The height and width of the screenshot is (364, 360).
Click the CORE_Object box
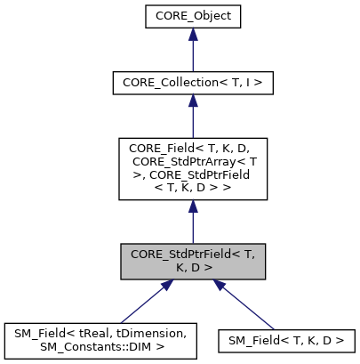tap(192, 17)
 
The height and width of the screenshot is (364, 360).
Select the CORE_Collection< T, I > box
tap(192, 83)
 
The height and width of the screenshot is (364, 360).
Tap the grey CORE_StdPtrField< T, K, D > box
tap(192, 262)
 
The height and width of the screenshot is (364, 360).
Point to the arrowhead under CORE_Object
tap(192, 38)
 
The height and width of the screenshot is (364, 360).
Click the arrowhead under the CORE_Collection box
tap(192, 104)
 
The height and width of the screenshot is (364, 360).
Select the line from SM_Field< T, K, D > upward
tap(253, 307)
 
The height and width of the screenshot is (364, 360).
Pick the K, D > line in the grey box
tap(192, 268)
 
